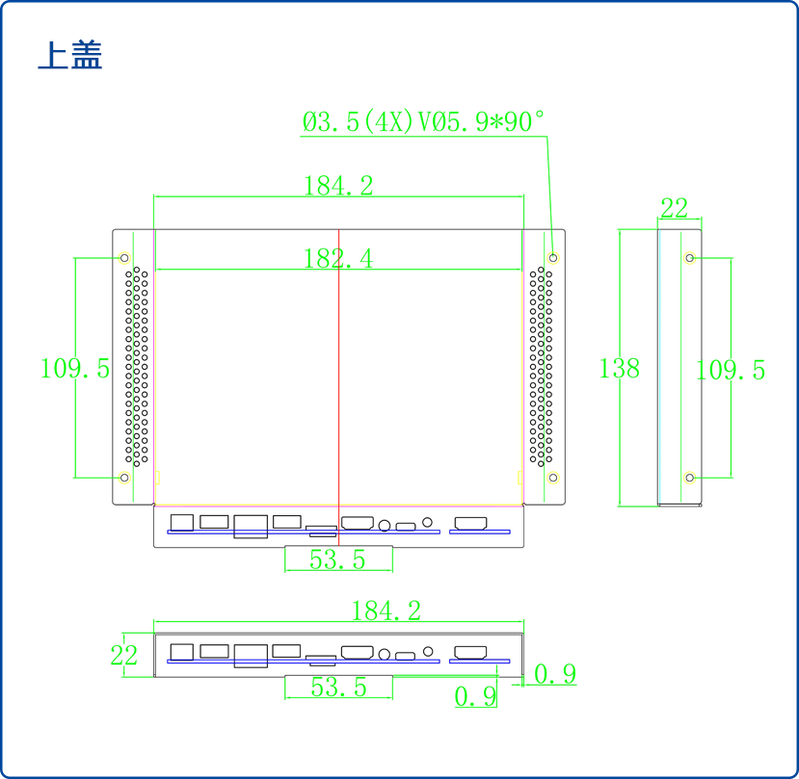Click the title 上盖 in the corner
[x=69, y=55]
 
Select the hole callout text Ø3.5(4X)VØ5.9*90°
[x=424, y=122]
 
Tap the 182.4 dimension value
[x=338, y=258]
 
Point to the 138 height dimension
[x=619, y=368]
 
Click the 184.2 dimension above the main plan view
[x=338, y=186]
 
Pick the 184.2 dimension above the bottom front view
[x=386, y=610]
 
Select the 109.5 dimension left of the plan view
[x=75, y=368]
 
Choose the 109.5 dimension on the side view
[x=731, y=370]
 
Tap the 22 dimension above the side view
[x=675, y=208]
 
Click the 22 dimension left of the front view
[x=123, y=655]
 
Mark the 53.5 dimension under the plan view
[x=337, y=559]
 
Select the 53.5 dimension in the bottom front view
[x=338, y=687]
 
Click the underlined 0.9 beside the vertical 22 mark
[x=475, y=695]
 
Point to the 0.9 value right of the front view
[x=555, y=674]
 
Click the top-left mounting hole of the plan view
[x=124, y=258]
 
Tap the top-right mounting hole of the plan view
[x=553, y=258]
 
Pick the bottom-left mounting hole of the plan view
[x=124, y=478]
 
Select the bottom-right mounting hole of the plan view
[x=553, y=478]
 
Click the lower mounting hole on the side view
[x=690, y=478]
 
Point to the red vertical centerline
[x=339, y=385]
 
